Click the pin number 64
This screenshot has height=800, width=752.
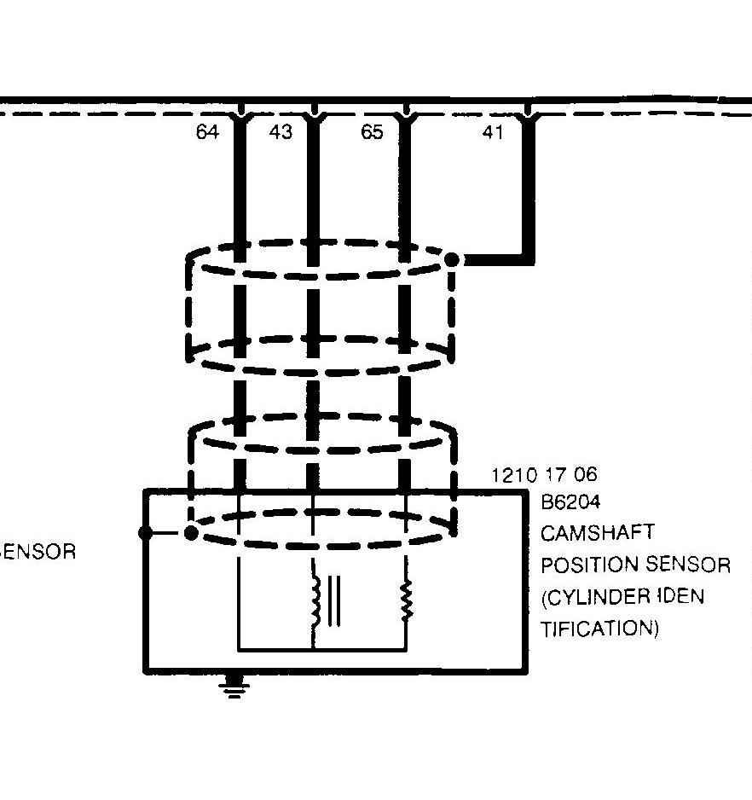[x=207, y=132]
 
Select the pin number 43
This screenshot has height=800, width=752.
[x=281, y=132]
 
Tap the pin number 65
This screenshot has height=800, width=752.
[x=372, y=132]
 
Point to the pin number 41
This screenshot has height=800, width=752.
[x=493, y=132]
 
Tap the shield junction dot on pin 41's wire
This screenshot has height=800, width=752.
[x=452, y=258]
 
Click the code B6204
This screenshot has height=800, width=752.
[x=570, y=501]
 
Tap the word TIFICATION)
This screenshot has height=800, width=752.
[x=600, y=629]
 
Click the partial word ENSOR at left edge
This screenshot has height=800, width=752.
[x=38, y=551]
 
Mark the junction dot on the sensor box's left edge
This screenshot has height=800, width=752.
[x=145, y=533]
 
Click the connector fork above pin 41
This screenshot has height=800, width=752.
[x=529, y=113]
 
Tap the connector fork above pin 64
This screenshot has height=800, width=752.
[x=240, y=113]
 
